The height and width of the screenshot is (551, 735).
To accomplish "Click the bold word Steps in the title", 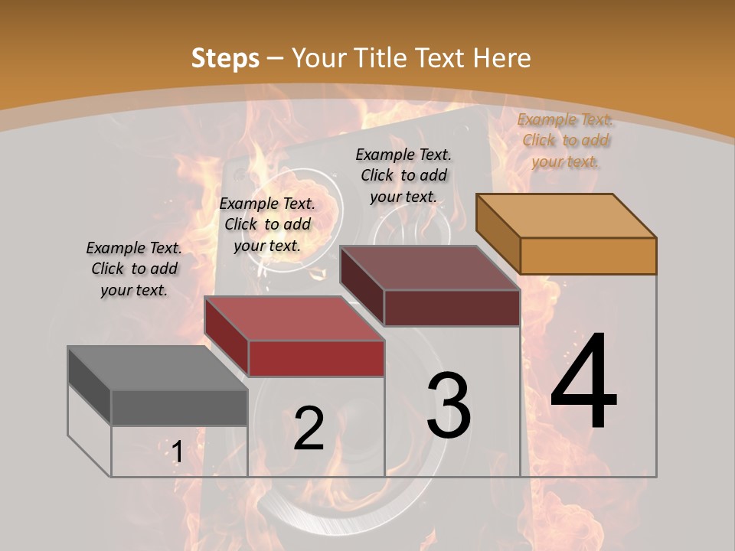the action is pyautogui.click(x=225, y=58).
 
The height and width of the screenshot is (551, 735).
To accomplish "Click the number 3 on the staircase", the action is pyautogui.click(x=449, y=406).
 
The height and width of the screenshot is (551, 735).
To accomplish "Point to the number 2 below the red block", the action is pyautogui.click(x=309, y=428).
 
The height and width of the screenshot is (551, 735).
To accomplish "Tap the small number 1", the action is pyautogui.click(x=177, y=452).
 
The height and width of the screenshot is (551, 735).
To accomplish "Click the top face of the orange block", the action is pyautogui.click(x=565, y=216).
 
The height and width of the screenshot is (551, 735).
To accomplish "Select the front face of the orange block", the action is pyautogui.click(x=588, y=256).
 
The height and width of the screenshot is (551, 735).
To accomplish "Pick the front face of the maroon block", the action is pyautogui.click(x=452, y=308).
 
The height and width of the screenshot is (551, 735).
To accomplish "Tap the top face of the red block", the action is pyautogui.click(x=293, y=318).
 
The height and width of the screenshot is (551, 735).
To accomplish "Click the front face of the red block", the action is pyautogui.click(x=315, y=358).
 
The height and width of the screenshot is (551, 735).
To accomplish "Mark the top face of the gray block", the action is pyautogui.click(x=157, y=368).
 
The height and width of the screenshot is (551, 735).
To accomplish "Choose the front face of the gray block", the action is pyautogui.click(x=179, y=407).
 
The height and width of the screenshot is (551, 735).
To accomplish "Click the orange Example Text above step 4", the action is pyautogui.click(x=565, y=140).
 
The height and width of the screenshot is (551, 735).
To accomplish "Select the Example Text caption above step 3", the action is pyautogui.click(x=403, y=175).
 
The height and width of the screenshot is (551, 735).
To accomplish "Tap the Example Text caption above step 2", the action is pyautogui.click(x=267, y=224).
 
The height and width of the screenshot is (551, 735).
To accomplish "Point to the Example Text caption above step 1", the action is pyautogui.click(x=134, y=269).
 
